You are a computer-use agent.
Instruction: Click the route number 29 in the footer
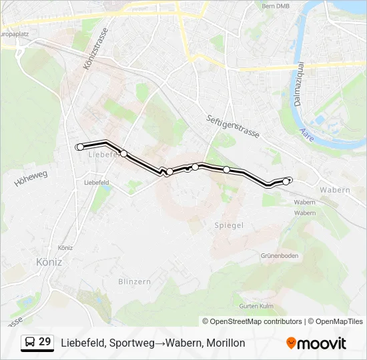(45, 342)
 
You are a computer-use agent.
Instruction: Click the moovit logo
(316, 343)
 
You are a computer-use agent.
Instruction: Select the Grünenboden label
(280, 255)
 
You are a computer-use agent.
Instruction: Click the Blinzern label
(134, 281)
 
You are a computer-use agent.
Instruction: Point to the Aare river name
(307, 134)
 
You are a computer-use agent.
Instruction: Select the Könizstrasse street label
(97, 53)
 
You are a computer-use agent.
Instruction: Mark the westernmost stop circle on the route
(81, 147)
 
